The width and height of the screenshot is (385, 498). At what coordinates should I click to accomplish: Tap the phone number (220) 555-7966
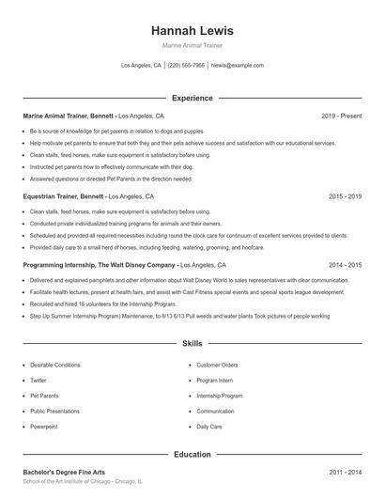186,66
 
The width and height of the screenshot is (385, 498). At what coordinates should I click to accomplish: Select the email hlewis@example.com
238,66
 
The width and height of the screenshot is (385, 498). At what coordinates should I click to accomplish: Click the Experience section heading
192,98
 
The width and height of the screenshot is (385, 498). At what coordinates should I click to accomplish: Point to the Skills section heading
192,345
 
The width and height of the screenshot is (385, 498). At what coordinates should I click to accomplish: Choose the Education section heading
192,455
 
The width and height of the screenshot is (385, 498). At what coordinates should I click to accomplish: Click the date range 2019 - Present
341,116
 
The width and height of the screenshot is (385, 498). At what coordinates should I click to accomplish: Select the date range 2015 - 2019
346,197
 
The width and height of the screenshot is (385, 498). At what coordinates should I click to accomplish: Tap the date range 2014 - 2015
346,266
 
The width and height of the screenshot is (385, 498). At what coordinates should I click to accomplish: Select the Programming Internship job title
99,266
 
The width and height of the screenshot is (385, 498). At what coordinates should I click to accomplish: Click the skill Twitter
38,381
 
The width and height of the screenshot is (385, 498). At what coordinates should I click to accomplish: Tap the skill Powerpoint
44,427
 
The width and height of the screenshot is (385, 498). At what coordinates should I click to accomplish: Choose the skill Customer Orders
217,365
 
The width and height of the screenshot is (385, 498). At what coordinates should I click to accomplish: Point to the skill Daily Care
209,427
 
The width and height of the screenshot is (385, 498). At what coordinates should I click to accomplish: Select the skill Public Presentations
55,412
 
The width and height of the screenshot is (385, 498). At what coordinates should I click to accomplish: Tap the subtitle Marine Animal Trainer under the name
192,45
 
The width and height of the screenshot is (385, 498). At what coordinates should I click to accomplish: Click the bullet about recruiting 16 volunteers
91,305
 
